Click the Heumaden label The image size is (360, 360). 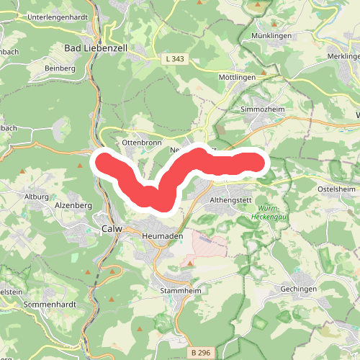point(163,235)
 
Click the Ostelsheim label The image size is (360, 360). point(337,189)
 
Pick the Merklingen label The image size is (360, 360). point(341,55)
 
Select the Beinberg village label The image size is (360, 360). point(60,68)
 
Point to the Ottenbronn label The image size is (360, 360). point(139,143)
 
